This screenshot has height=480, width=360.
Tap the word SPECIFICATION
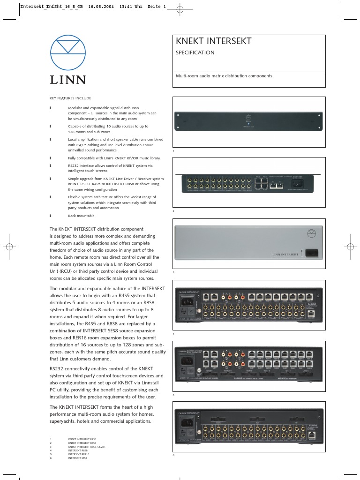coord(195,53)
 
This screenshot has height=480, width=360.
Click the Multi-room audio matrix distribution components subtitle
coord(224,75)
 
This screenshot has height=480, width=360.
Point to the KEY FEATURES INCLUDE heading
coord(70,98)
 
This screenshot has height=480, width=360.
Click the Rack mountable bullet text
coord(81,216)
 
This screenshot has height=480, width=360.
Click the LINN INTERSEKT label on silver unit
coord(285,254)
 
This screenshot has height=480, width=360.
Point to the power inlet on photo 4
coord(185,300)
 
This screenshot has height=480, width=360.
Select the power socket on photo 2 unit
coord(298,183)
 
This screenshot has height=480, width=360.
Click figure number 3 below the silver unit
coord(173,272)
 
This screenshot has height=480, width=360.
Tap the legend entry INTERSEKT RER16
coord(79,454)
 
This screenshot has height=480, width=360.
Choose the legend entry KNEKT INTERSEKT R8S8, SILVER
coord(87,447)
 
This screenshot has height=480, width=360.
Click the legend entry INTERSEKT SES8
coord(78,458)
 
